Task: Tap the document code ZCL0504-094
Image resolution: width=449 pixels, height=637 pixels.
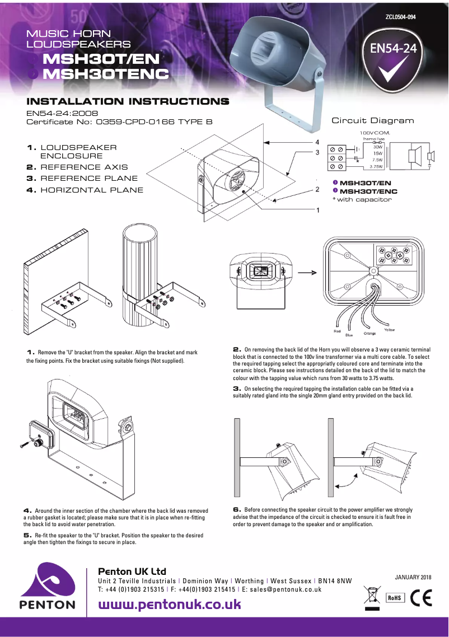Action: pos(400,17)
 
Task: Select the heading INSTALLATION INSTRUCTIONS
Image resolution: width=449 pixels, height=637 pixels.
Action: pos(128,102)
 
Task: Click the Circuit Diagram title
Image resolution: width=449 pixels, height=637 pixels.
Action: pos(373,120)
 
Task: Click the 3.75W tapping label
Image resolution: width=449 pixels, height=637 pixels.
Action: pos(376,166)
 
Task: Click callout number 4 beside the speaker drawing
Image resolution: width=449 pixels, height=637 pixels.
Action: pos(317,142)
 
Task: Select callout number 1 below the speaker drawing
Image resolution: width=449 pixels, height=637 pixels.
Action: pos(317,210)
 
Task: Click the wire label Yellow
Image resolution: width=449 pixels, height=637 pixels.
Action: pos(389,330)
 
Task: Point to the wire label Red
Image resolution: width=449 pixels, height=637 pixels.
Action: pos(337,331)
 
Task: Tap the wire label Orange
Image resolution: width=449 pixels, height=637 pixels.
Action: pos(370,334)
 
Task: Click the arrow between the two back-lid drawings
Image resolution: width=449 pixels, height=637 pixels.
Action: pos(306,274)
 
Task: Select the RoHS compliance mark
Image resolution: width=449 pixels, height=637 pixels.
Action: pos(395,597)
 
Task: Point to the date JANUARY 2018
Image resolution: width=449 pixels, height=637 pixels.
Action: pos(413,577)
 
